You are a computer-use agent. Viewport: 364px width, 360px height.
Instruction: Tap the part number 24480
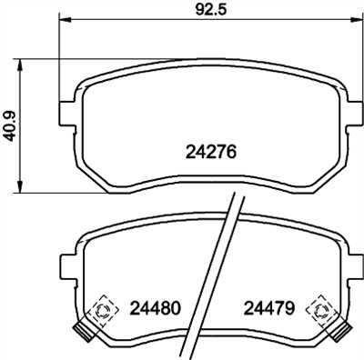[156, 306]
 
